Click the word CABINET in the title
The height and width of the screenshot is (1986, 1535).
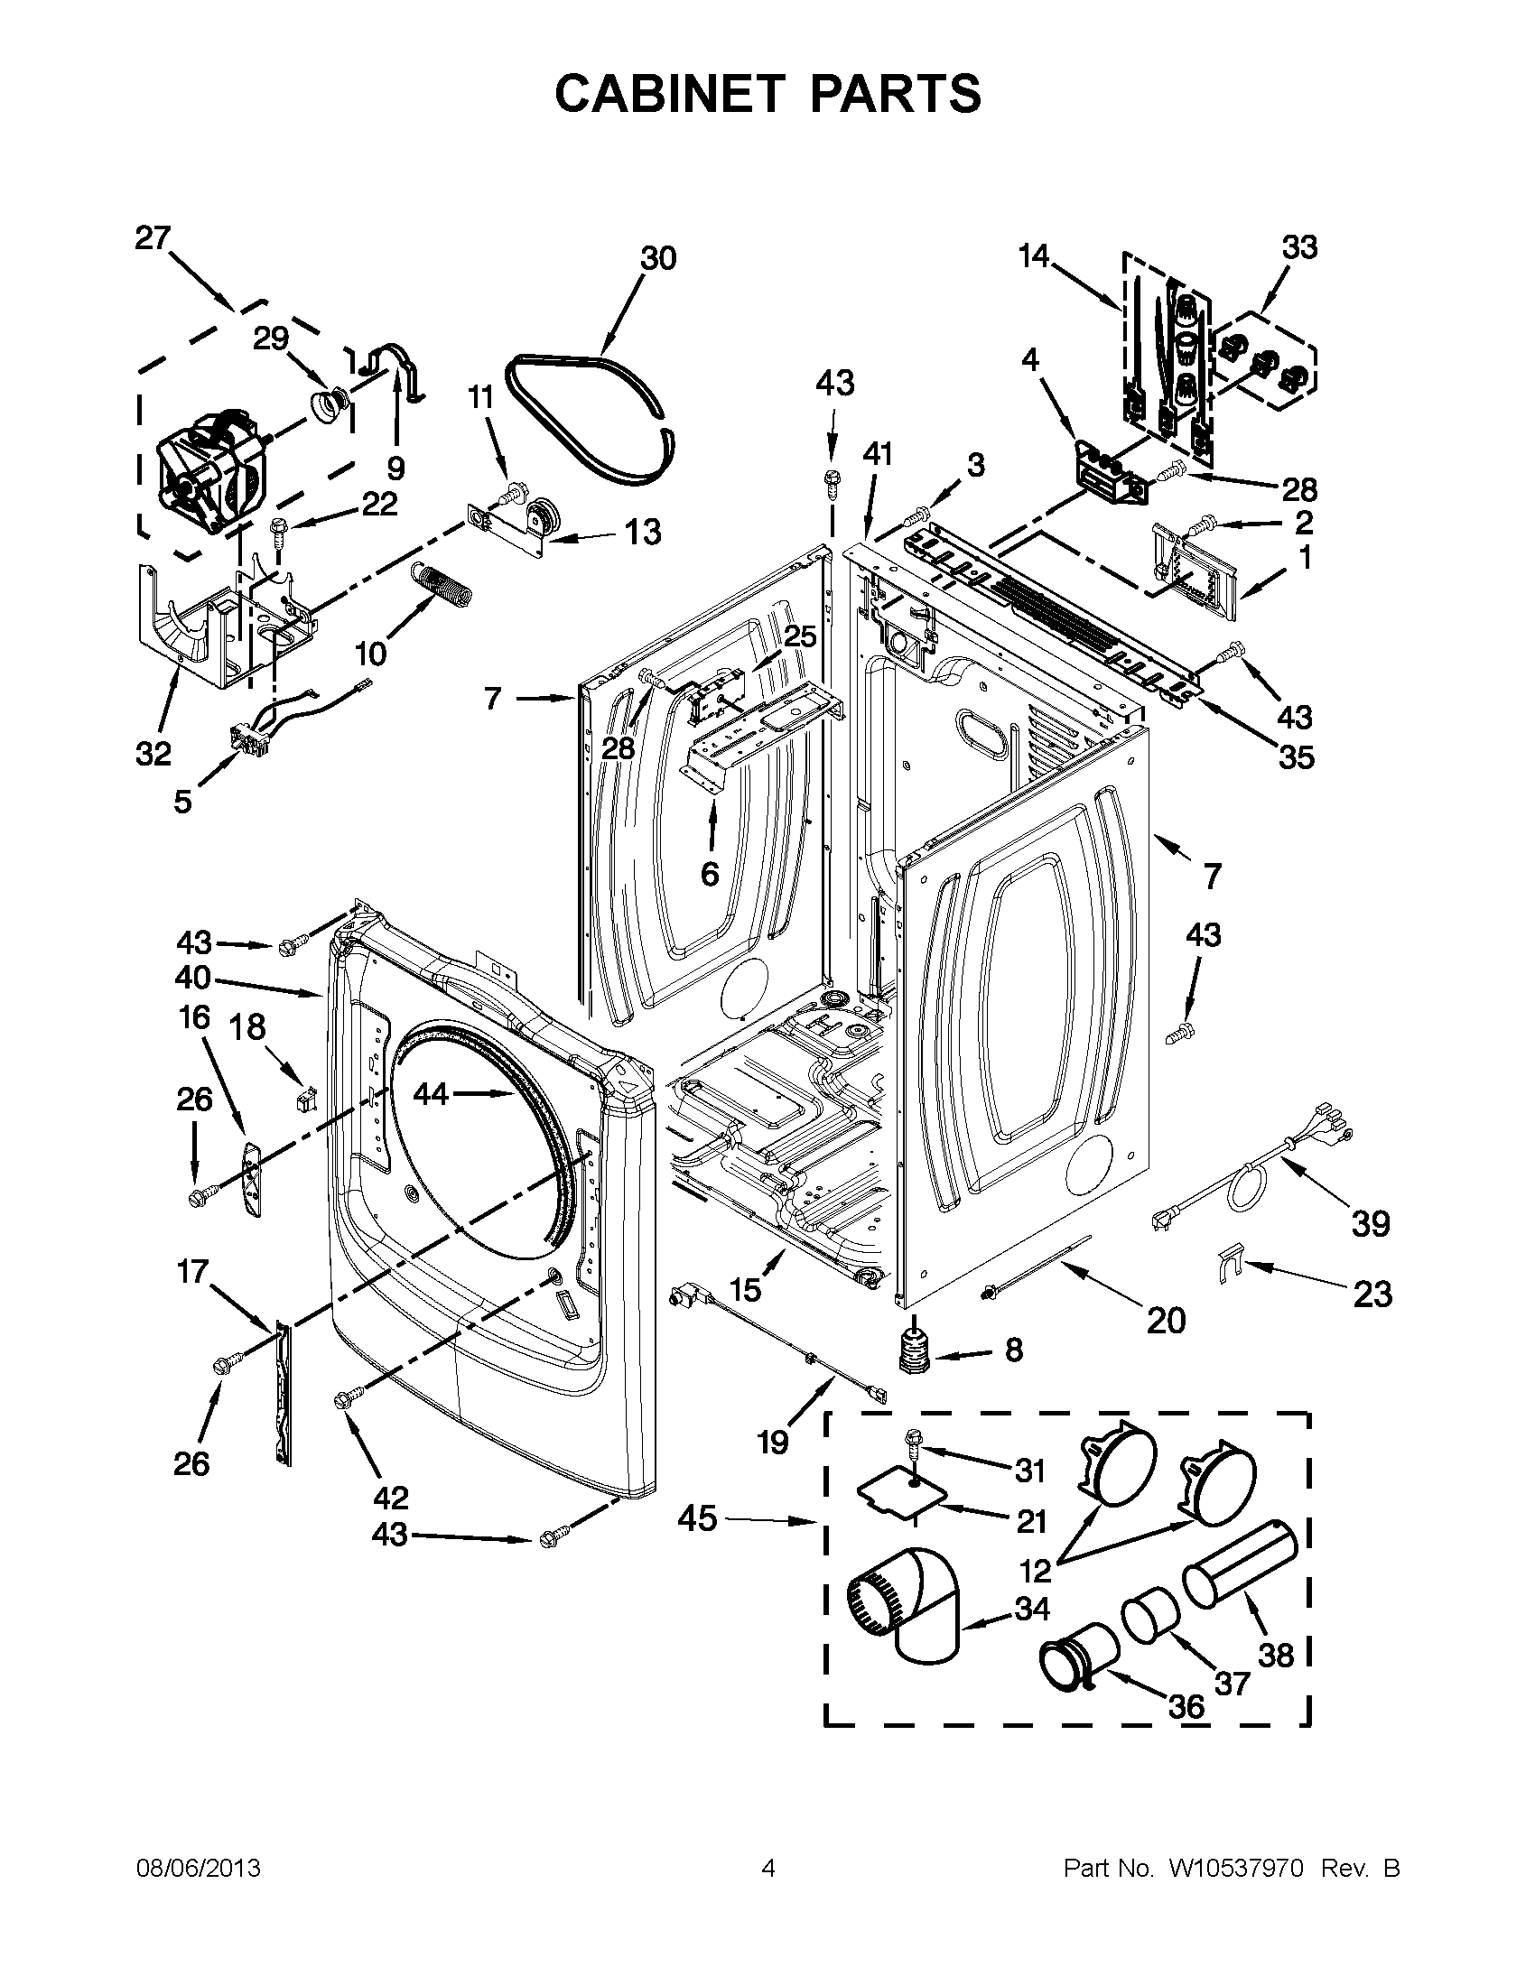click(669, 94)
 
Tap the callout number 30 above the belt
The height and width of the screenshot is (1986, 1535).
click(658, 258)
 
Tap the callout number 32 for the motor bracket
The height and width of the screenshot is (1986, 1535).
click(153, 753)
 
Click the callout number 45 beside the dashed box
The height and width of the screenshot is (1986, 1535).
click(697, 1518)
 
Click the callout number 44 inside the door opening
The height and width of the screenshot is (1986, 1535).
click(431, 1094)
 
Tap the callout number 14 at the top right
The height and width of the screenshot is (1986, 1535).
click(1034, 256)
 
